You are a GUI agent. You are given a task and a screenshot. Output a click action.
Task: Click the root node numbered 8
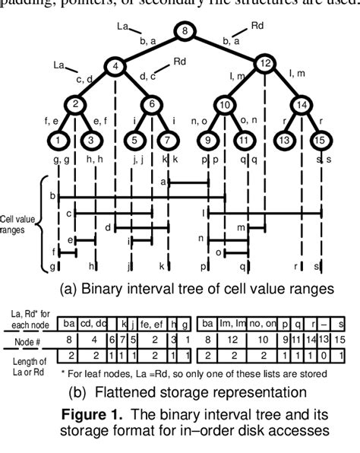tap(185, 31)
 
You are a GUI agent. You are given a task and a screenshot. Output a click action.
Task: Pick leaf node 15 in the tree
tap(319, 140)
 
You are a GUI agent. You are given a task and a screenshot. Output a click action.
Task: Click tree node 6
tap(152, 104)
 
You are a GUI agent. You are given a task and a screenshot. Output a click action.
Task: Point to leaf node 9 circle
tap(207, 140)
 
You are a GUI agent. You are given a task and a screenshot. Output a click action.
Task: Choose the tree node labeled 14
tap(302, 104)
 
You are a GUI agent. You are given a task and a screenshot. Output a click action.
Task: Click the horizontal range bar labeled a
tap(188, 183)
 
